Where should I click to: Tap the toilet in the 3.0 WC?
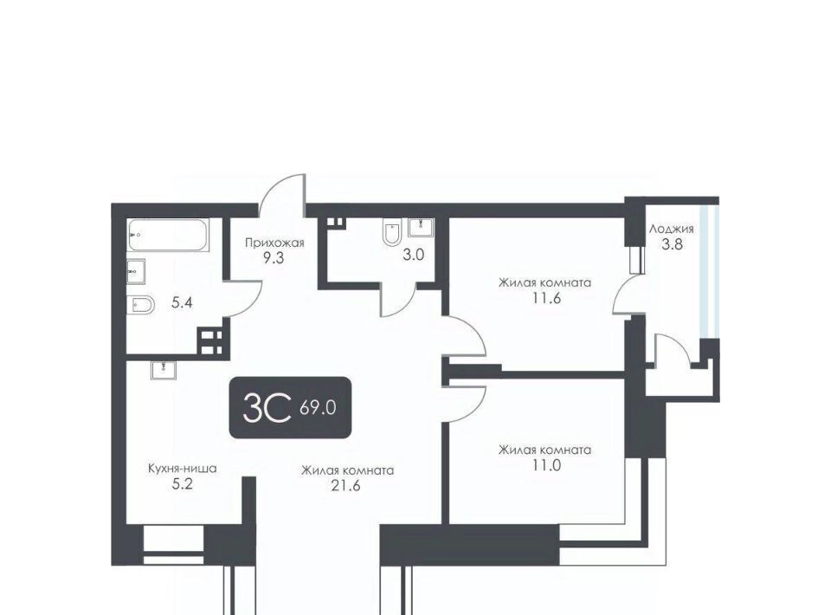391,232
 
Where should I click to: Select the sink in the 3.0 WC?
422,227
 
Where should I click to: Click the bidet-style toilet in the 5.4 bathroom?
140,305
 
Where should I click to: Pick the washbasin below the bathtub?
136,272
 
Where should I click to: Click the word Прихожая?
274,243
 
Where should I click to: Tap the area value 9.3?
273,258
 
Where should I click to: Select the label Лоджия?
672,229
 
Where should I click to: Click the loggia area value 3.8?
672,244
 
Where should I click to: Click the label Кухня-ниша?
183,469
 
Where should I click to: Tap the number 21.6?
345,485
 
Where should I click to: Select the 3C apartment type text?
267,407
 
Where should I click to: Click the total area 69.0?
318,408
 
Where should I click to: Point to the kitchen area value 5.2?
182,484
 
